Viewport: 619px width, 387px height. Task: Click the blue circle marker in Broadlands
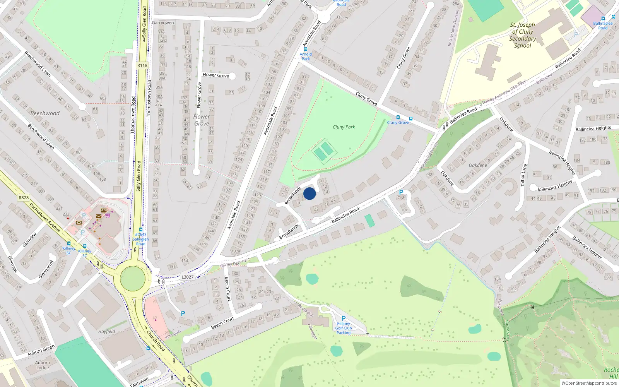click(x=309, y=193)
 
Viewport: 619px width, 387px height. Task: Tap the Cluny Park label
click(x=344, y=127)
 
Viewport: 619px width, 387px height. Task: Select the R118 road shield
click(x=142, y=65)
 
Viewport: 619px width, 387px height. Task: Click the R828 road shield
click(x=24, y=198)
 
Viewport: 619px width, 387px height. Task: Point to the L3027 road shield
click(x=187, y=277)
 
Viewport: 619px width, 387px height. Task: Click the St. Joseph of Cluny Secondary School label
click(x=522, y=35)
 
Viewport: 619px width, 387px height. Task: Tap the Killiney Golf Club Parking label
click(x=344, y=328)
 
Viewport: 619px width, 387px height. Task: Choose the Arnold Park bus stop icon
click(x=306, y=49)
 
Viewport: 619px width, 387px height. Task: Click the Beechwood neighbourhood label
click(x=45, y=113)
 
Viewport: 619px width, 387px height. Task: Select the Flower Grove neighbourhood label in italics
click(x=202, y=120)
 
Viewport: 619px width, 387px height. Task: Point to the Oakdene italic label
click(x=478, y=165)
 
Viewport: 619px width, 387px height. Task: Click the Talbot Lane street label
click(x=523, y=175)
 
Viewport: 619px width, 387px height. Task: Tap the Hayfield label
click(x=106, y=331)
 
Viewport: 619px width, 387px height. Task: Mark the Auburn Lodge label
click(x=43, y=365)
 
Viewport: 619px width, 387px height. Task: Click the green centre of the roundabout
click(x=133, y=278)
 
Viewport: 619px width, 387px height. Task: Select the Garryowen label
click(x=163, y=23)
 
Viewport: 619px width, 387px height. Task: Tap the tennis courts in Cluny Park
click(x=323, y=151)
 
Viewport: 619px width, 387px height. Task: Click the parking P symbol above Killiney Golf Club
click(x=343, y=319)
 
